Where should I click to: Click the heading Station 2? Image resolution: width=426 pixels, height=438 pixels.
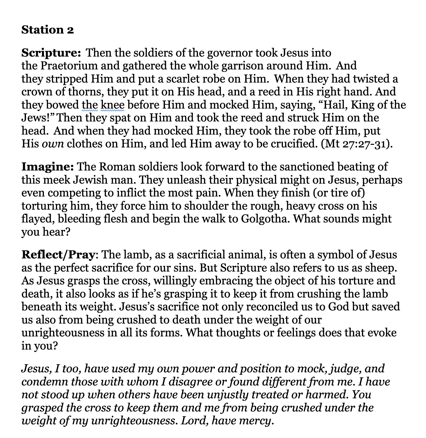pos(47,30)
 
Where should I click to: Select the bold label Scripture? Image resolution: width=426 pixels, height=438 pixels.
pos(51,53)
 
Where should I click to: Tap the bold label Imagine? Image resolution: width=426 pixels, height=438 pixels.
pos(47,167)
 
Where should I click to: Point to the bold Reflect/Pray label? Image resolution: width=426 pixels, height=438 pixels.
pos(58,254)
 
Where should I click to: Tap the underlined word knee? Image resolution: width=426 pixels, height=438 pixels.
pos(113,105)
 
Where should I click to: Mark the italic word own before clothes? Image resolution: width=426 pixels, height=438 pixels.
pos(53,144)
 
